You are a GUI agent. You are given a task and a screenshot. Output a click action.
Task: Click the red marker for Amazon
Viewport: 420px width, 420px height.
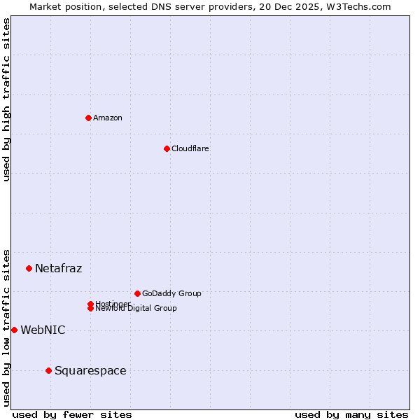point(88,118)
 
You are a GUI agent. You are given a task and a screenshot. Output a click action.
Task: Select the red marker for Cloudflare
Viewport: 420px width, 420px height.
point(167,148)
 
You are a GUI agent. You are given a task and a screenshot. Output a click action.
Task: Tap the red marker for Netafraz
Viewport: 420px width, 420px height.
point(29,268)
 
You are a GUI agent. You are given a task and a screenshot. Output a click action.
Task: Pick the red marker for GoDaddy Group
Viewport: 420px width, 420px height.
point(137,293)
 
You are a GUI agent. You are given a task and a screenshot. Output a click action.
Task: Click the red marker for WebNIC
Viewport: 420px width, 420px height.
point(14,330)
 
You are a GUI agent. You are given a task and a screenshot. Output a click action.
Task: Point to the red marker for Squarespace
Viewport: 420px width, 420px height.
point(48,370)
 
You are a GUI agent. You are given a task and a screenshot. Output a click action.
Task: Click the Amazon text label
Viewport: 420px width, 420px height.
point(108,118)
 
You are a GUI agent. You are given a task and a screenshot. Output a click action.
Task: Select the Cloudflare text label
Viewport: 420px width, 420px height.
point(190,148)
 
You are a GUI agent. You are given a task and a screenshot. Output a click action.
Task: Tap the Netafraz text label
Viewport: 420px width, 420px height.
point(59,268)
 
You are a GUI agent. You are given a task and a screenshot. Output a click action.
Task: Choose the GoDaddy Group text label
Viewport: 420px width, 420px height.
point(171,293)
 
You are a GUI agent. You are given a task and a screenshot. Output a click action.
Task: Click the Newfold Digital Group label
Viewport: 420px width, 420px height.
point(136,309)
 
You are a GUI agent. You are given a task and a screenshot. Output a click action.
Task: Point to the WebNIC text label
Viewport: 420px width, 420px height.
point(43,330)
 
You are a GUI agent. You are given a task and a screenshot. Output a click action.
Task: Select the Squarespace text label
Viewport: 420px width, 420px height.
point(90,370)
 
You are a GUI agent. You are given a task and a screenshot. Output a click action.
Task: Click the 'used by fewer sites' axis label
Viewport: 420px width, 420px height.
point(72,415)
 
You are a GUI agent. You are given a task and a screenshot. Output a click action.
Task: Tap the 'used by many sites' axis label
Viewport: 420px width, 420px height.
point(351,415)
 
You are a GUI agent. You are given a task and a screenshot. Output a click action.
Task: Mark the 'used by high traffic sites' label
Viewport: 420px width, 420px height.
point(7,99)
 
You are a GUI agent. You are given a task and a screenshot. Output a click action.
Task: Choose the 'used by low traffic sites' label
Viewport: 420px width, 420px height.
point(7,328)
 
